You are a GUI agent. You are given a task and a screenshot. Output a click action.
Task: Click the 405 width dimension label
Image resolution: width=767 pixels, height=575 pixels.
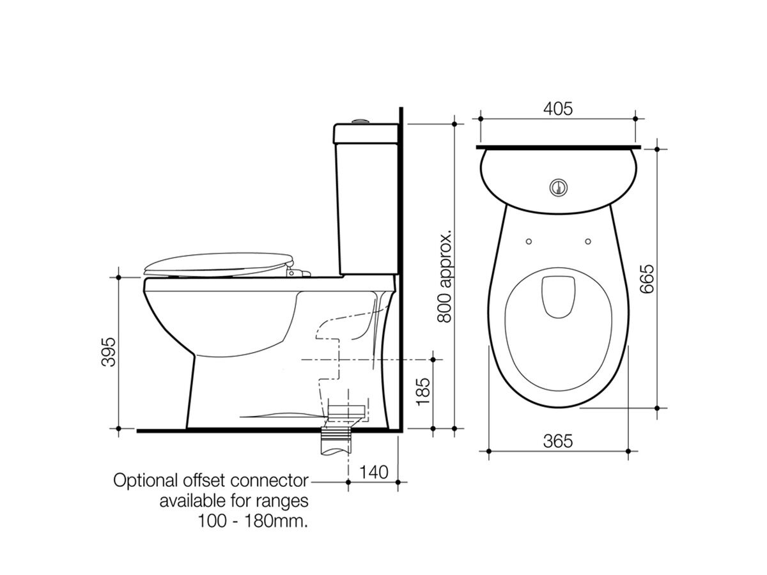[x=558, y=108]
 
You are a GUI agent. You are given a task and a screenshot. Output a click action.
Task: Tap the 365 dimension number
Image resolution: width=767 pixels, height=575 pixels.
[x=558, y=440]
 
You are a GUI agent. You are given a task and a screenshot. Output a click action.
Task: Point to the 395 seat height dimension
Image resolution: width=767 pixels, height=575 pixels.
[x=109, y=351]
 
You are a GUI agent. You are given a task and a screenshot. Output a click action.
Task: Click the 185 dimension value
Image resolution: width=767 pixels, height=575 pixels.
[x=421, y=392]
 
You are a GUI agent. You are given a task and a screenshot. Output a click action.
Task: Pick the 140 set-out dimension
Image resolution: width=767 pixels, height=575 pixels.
[x=374, y=472]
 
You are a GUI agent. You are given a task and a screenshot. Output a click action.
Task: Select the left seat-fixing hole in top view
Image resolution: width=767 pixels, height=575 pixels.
[x=529, y=241]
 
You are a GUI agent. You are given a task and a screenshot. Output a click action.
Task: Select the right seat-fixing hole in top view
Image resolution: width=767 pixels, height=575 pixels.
[x=588, y=241]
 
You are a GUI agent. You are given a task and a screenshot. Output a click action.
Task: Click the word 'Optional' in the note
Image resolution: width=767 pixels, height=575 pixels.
[x=142, y=480]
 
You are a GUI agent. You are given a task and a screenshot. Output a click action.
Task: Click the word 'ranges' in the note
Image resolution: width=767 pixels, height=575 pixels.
[x=283, y=500]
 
